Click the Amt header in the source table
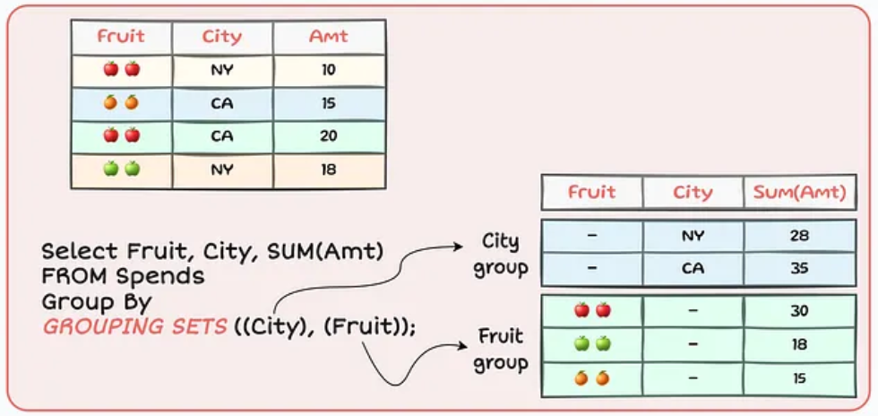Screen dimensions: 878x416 (329, 37)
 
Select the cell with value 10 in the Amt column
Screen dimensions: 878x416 (329, 70)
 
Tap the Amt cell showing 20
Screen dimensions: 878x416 (329, 135)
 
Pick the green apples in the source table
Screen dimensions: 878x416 (122, 169)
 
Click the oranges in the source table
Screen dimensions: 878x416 (121, 103)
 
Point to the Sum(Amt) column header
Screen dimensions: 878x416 (799, 192)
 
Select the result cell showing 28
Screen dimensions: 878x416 (799, 236)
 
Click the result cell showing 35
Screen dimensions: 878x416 (799, 269)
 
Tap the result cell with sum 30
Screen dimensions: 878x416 (799, 311)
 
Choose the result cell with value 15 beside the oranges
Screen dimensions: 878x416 (799, 378)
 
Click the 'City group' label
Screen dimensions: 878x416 (501, 256)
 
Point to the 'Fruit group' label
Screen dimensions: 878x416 (501, 350)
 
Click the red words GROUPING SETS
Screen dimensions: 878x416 (135, 326)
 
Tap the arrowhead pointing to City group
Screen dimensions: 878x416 (458, 247)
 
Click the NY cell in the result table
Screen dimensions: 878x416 (693, 236)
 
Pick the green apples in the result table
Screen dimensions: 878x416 (592, 343)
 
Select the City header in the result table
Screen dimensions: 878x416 (693, 192)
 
